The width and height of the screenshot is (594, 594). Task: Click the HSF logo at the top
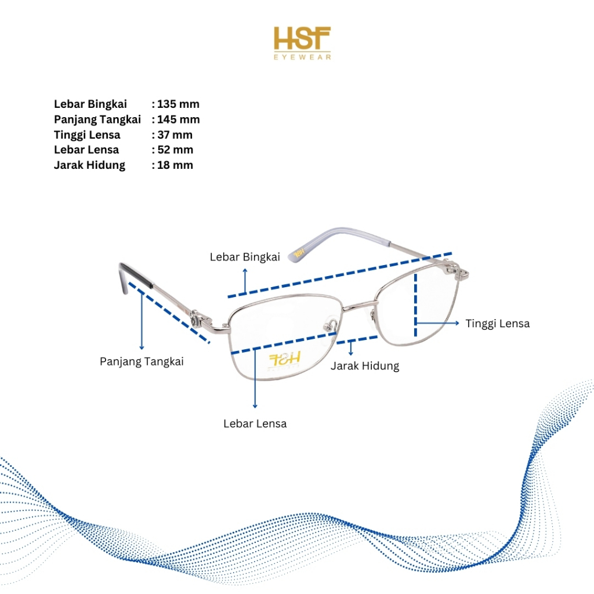[302, 38]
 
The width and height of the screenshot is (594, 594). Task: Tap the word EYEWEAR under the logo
[302, 57]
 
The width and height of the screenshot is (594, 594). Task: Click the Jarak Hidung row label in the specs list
[89, 165]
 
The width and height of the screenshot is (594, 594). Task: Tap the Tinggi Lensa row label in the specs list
[87, 135]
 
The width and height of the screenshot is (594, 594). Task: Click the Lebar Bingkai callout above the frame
[245, 257]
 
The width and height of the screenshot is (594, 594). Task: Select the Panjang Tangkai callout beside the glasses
[142, 361]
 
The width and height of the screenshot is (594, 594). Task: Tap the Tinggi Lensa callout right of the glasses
[498, 324]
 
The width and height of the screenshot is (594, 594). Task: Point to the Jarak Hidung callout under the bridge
[365, 366]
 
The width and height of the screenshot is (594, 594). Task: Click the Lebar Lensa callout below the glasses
[255, 423]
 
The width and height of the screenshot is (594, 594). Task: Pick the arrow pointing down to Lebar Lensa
[255, 383]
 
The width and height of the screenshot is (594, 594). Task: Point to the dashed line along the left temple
[168, 313]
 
